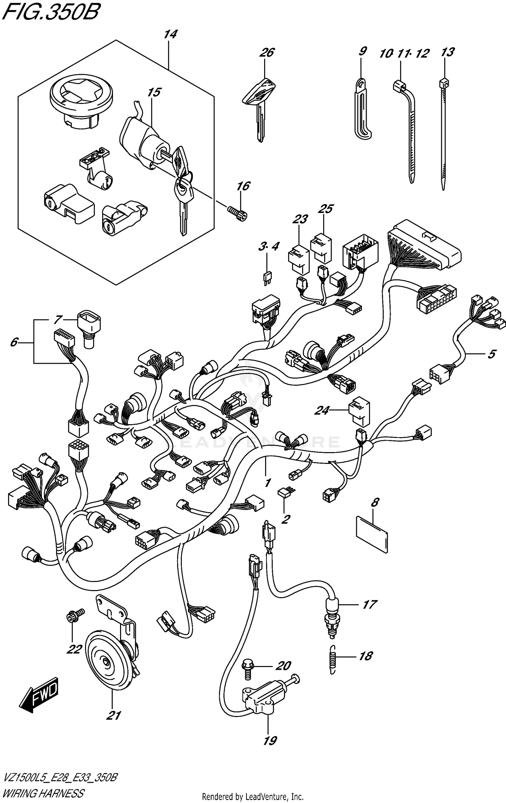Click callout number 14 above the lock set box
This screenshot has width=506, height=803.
171,34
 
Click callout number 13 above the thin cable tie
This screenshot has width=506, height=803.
448,52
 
